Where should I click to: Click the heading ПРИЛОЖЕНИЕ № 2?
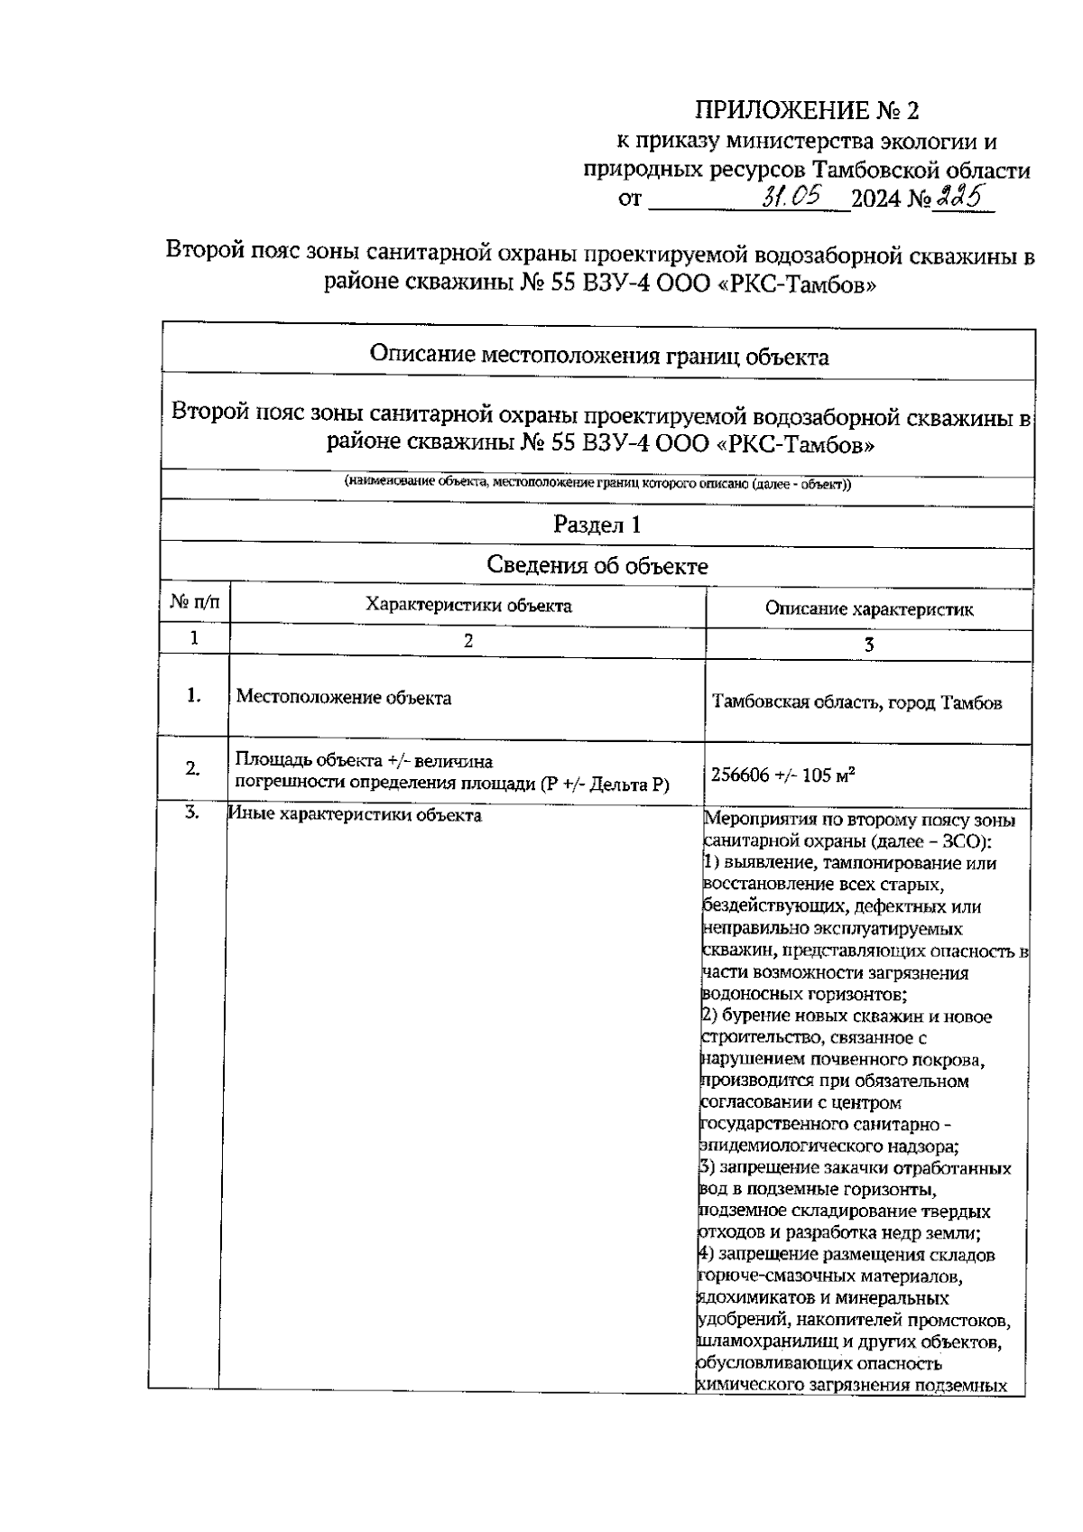tap(806, 111)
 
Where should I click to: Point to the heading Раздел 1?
tap(597, 525)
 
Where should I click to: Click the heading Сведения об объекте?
tap(597, 566)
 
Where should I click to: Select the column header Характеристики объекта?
tap(467, 606)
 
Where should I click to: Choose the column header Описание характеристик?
tap(868, 609)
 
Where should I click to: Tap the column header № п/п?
tap(194, 602)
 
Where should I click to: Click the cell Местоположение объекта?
tap(344, 698)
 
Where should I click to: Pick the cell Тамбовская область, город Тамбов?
tap(856, 702)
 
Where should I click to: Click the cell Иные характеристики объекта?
tap(355, 815)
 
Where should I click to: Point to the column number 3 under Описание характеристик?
tap(868, 645)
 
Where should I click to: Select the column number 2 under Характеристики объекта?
tap(467, 641)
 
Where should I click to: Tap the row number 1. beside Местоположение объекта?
tap(193, 696)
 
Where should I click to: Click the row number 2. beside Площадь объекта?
tap(193, 769)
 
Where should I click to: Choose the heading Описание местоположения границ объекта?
tap(598, 357)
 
